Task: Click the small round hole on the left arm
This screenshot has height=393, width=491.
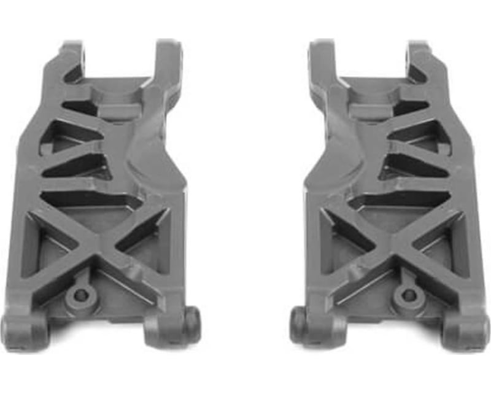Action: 80,295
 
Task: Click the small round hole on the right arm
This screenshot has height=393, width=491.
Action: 408,295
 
